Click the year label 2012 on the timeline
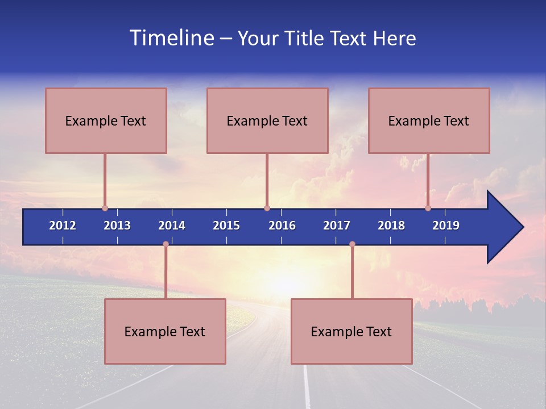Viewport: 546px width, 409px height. (63, 226)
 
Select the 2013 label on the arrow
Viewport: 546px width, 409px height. (117, 226)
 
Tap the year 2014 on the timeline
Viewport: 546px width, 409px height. (172, 226)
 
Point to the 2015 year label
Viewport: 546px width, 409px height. (226, 226)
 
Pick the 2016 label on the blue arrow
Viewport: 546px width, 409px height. (282, 226)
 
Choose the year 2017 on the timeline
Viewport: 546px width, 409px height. (337, 226)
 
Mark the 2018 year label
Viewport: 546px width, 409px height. (391, 226)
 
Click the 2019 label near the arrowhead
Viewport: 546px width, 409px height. (446, 226)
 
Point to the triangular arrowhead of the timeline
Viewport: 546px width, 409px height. (504, 227)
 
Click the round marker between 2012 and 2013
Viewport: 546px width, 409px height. (105, 208)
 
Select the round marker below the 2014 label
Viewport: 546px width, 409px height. (166, 244)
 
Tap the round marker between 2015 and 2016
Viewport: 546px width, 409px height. (267, 208)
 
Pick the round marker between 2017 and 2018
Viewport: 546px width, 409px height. (352, 244)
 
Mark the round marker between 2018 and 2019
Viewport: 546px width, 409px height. (428, 208)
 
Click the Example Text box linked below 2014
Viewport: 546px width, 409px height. (165, 331)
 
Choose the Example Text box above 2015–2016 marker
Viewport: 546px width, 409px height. (267, 120)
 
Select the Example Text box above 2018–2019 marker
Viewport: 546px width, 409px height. (429, 120)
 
